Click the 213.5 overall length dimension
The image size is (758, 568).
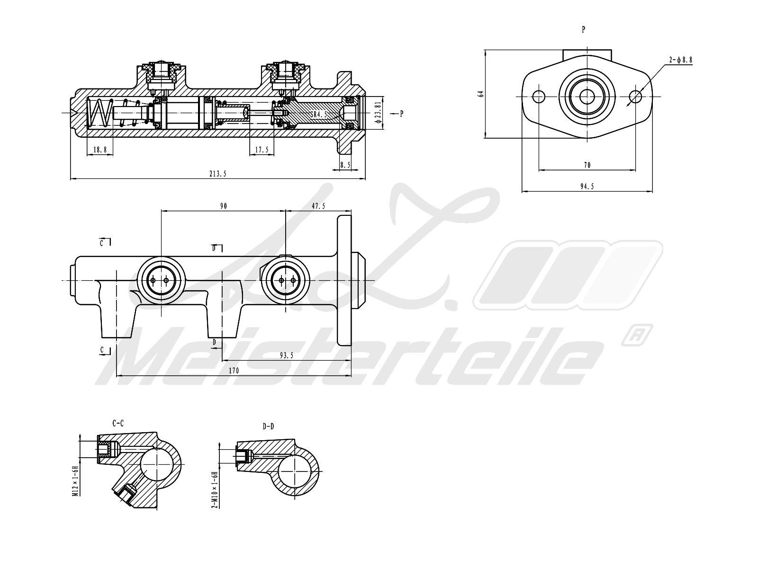click(218, 174)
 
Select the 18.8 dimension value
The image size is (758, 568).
click(100, 150)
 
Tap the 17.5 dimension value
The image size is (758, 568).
click(262, 150)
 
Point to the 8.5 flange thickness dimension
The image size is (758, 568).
click(345, 165)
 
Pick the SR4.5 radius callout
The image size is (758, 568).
click(319, 115)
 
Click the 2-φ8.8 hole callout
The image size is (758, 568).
click(681, 60)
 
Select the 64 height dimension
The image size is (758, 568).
click(481, 94)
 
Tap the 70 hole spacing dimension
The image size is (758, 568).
click(587, 165)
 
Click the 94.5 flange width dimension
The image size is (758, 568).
click(587, 186)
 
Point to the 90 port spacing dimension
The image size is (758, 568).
click(223, 206)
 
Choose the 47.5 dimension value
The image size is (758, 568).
click(318, 206)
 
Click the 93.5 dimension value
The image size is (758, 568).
click(286, 355)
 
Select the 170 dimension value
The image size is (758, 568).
click(234, 371)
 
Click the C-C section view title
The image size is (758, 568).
click(118, 423)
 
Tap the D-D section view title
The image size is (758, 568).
click(268, 426)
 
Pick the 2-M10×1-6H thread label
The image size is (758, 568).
click(214, 489)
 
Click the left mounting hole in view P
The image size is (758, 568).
click(539, 97)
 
